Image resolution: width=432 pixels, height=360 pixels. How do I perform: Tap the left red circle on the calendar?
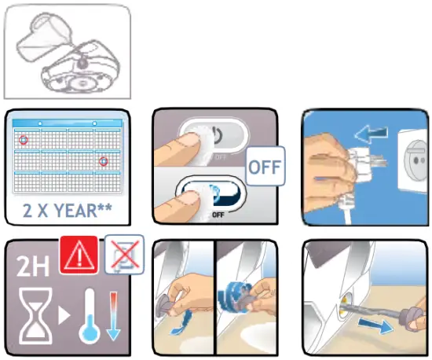pos(24,140)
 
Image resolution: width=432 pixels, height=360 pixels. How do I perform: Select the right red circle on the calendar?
pos(103,161)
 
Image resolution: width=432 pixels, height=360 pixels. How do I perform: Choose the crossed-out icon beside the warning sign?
pos(124,255)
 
